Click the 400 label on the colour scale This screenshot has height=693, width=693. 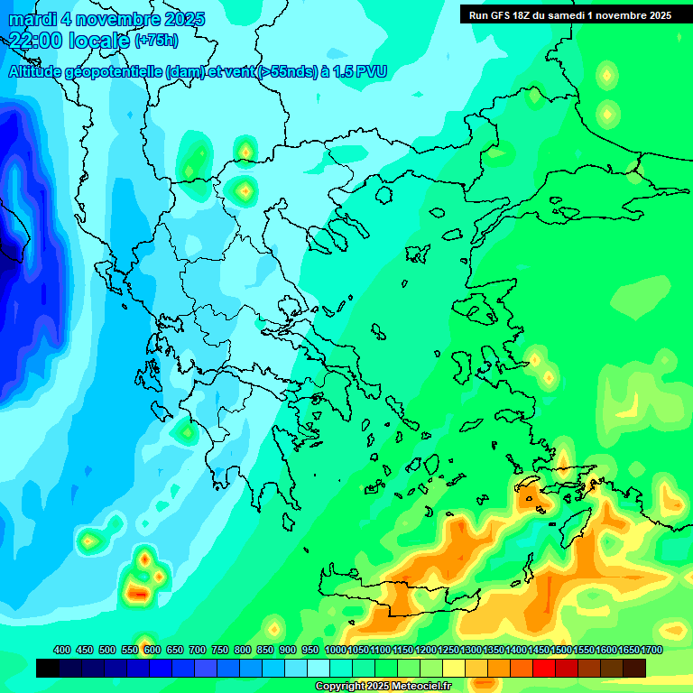pyautogui.click(x=62, y=651)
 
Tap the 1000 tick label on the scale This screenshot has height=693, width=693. pyautogui.click(x=335, y=651)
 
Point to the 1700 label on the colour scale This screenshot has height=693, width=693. pyautogui.click(x=651, y=651)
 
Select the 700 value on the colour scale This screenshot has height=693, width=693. pyautogui.click(x=198, y=651)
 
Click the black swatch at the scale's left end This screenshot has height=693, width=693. pyautogui.click(x=48, y=668)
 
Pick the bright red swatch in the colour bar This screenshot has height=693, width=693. pyautogui.click(x=544, y=668)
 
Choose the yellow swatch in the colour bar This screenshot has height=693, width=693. pyautogui.click(x=454, y=668)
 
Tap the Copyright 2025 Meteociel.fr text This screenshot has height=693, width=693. pyautogui.click(x=383, y=686)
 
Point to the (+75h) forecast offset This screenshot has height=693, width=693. pyautogui.click(x=156, y=41)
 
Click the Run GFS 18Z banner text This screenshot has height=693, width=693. pyautogui.click(x=500, y=15)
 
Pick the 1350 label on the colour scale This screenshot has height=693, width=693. pyautogui.click(x=494, y=651)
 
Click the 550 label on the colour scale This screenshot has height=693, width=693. pyautogui.click(x=130, y=651)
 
